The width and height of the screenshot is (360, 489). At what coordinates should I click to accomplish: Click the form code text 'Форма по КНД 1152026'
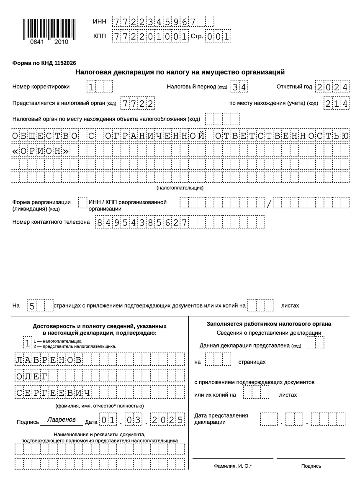(x=44, y=63)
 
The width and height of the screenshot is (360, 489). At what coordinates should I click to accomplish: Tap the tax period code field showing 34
(x=239, y=87)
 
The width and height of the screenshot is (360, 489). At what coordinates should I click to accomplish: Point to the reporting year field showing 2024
(x=332, y=87)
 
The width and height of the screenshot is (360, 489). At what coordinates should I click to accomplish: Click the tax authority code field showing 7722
(x=137, y=103)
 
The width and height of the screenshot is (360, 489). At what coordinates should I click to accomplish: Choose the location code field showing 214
(x=336, y=103)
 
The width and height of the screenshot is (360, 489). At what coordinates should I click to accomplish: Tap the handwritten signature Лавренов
(x=62, y=419)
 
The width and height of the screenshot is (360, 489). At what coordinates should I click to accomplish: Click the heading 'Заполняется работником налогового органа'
(x=269, y=324)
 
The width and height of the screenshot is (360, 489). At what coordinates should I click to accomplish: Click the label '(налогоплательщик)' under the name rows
(x=180, y=188)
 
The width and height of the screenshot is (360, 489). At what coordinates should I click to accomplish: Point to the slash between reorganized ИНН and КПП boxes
(x=269, y=204)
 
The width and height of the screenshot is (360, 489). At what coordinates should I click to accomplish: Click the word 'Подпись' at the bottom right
(x=311, y=466)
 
